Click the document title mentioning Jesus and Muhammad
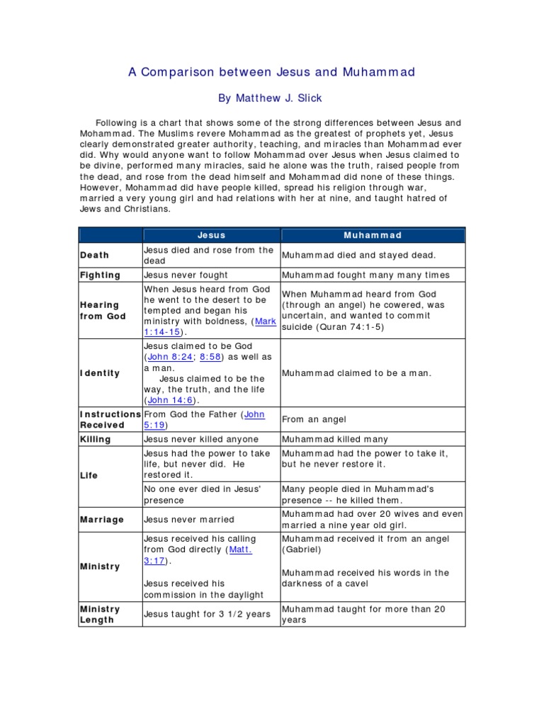[x=271, y=72]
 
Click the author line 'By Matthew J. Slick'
[x=271, y=98]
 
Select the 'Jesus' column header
[x=211, y=235]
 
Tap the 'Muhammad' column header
[x=373, y=235]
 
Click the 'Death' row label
[x=95, y=255]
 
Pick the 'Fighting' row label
[x=101, y=275]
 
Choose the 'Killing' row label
[x=96, y=439]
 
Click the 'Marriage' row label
[x=102, y=519]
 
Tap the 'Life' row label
[x=89, y=476]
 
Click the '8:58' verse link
[x=212, y=356]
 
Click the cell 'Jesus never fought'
[x=186, y=275]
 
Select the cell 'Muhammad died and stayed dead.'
[x=359, y=255]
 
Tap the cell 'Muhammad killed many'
[x=335, y=439]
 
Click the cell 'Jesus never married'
[x=189, y=519]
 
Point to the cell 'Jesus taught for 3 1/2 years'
[x=207, y=614]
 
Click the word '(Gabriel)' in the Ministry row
[x=302, y=549]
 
